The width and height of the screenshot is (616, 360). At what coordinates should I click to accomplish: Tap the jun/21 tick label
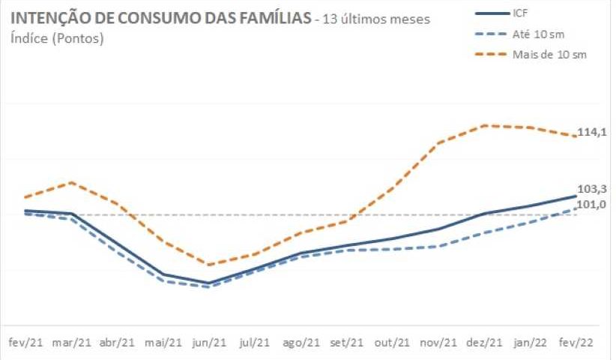(210, 343)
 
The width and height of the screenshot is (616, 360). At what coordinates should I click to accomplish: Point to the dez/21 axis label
(484, 343)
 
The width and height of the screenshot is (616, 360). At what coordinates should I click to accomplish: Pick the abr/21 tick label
(118, 343)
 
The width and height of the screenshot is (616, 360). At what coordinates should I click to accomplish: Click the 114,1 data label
(591, 132)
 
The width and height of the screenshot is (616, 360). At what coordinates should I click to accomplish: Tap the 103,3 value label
(591, 190)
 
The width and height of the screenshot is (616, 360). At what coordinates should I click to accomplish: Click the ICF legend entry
(520, 13)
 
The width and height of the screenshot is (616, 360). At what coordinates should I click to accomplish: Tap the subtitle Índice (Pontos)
(58, 38)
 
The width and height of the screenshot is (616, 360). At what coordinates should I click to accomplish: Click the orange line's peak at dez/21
(486, 125)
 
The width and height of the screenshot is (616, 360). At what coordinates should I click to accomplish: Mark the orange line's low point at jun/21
(210, 265)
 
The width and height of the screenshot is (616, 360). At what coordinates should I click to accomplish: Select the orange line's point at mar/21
(72, 182)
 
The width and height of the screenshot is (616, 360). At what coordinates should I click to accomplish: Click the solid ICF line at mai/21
(164, 275)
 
